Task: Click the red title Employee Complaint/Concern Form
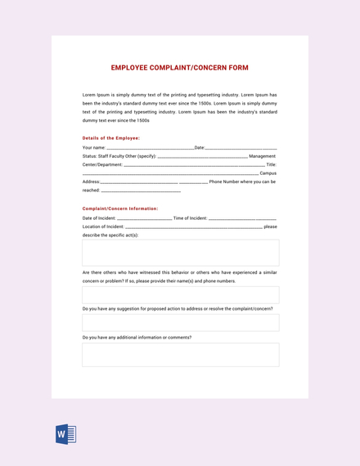pyautogui.click(x=179, y=68)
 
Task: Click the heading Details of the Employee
pyautogui.click(x=111, y=137)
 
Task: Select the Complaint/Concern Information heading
pyautogui.click(x=120, y=208)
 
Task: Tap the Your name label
pyautogui.click(x=94, y=147)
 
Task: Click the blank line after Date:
pyautogui.click(x=241, y=147)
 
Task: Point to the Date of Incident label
pyautogui.click(x=99, y=218)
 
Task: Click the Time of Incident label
pyautogui.click(x=191, y=218)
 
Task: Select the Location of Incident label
pyautogui.click(x=103, y=226)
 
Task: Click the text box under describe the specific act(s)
pyautogui.click(x=180, y=253)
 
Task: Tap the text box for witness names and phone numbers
pyautogui.click(x=180, y=295)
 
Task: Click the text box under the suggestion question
pyautogui.click(x=180, y=322)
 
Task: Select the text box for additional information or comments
pyautogui.click(x=180, y=354)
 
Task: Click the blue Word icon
pyautogui.click(x=65, y=433)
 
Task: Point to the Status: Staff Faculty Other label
pyautogui.click(x=119, y=155)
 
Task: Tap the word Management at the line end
pyautogui.click(x=262, y=155)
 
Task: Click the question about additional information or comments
pyautogui.click(x=137, y=337)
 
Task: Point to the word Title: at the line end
pyautogui.click(x=271, y=164)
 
